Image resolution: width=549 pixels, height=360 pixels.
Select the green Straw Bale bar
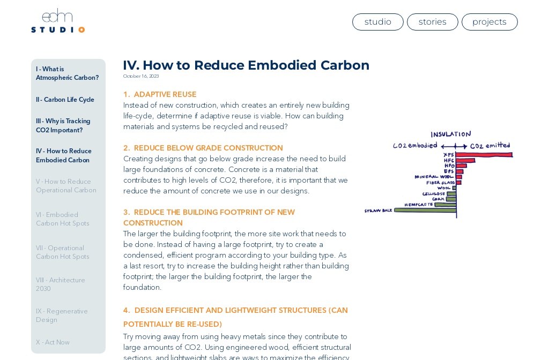425,210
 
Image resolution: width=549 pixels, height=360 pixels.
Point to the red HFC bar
465,160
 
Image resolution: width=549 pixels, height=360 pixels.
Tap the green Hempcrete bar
445,205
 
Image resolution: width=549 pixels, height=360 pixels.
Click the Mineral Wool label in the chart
434,176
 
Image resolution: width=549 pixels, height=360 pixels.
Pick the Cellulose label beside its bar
433,194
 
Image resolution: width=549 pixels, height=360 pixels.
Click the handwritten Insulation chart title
450,134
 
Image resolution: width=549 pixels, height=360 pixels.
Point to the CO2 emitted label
490,146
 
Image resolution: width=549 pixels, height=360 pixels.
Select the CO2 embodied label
414,146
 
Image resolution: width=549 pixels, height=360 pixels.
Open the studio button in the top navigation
377,22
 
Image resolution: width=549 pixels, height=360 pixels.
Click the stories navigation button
432,22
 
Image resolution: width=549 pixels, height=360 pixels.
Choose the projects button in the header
489,22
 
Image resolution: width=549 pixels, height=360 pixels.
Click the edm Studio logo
57,21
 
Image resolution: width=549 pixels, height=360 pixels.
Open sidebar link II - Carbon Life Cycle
65,100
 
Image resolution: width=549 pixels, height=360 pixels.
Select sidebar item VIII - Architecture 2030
60,284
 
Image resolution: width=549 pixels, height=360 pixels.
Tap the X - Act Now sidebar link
53,342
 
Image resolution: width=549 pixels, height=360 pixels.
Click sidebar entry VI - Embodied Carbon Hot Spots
62,219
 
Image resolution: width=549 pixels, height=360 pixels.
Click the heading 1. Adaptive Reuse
160,95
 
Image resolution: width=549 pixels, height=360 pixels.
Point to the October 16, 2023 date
141,76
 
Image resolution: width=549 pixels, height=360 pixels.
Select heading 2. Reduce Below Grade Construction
203,148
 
